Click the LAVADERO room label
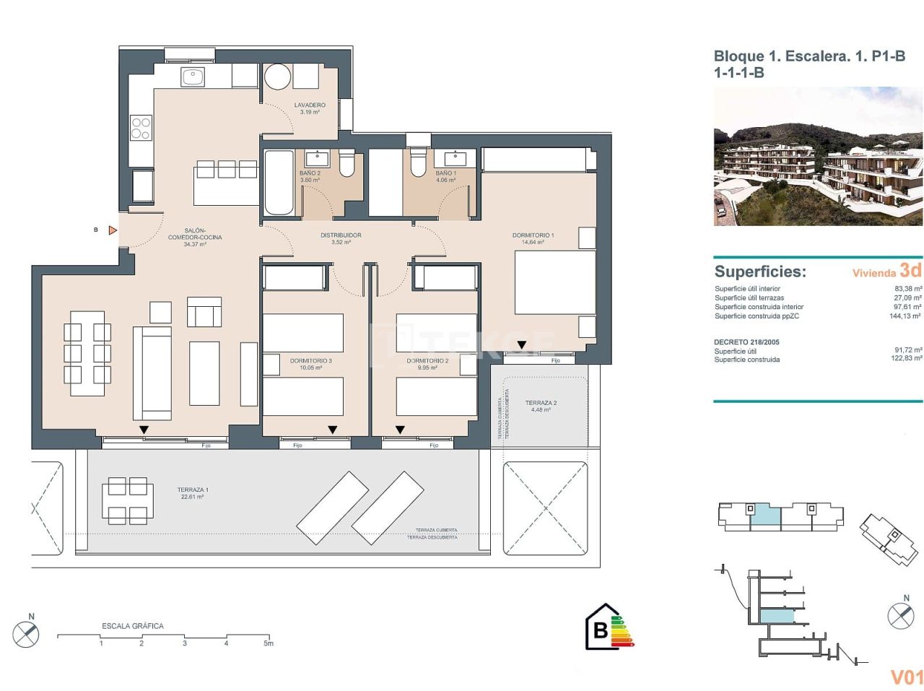(310, 105)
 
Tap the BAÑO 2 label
(310, 173)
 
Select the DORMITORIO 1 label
(533, 235)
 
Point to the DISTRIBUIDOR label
(341, 235)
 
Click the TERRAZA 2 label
(541, 403)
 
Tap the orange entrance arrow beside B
(113, 230)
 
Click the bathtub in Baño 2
(279, 182)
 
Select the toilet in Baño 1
(418, 162)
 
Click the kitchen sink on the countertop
(193, 77)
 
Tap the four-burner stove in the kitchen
(141, 129)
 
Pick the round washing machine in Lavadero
(277, 77)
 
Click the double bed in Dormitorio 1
(554, 282)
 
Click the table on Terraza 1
(127, 500)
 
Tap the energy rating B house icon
(601, 627)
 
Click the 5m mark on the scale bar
(269, 643)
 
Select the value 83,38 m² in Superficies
(907, 289)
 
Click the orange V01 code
(907, 677)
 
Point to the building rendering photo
(818, 157)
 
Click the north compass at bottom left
(26, 633)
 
